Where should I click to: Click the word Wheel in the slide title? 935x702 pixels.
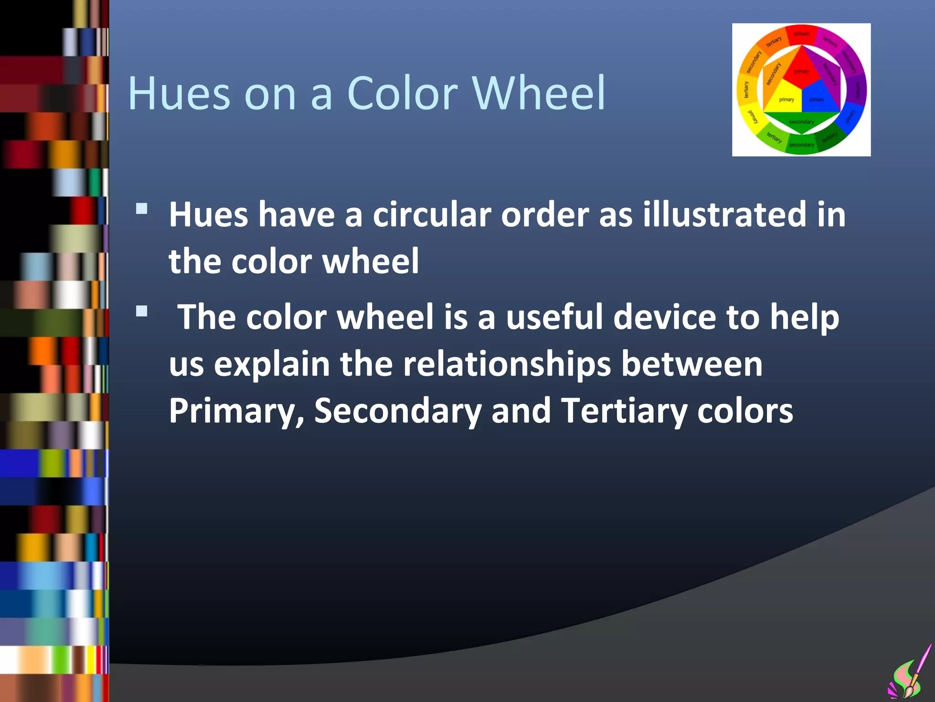click(539, 93)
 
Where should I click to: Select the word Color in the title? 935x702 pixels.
click(402, 93)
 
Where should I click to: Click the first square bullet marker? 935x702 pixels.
click(142, 209)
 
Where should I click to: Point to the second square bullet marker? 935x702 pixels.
click(142, 312)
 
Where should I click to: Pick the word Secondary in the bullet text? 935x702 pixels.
click(398, 410)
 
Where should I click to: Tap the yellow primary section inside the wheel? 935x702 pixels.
click(785, 98)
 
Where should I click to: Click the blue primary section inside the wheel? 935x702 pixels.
click(819, 98)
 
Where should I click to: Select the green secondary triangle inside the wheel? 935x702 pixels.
click(802, 121)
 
